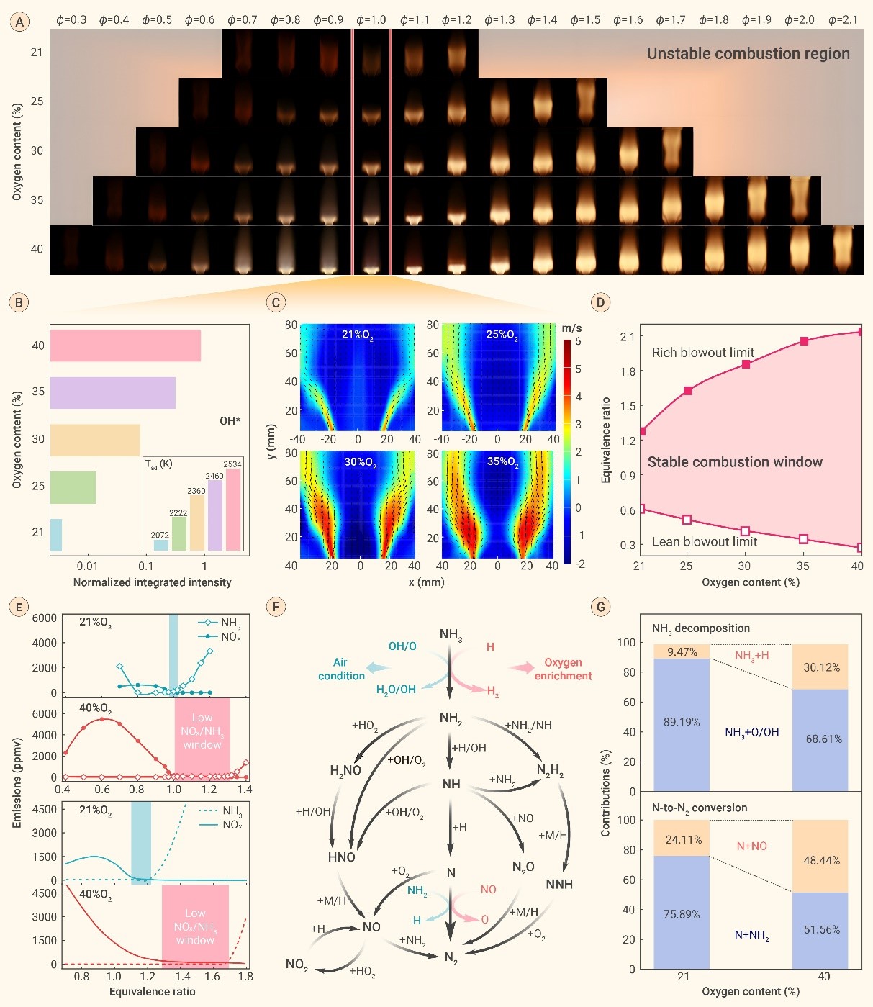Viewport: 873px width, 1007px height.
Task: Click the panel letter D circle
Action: [600, 302]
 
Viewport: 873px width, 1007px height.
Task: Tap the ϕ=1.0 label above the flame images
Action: [371, 19]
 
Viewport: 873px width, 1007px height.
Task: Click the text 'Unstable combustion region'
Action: [748, 54]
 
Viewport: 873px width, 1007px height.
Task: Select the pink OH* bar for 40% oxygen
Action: [125, 346]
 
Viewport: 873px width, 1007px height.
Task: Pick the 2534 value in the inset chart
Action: [232, 464]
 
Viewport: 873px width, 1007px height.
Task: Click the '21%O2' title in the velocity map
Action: [357, 335]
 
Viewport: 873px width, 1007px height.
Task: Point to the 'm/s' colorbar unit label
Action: [571, 328]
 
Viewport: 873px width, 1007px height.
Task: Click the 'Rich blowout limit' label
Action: [702, 352]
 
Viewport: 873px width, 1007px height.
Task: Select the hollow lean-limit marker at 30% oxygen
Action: [745, 531]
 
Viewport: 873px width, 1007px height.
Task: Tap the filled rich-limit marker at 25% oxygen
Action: [688, 391]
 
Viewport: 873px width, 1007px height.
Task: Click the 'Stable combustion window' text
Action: [735, 462]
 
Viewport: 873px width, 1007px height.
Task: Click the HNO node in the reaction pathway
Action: [342, 857]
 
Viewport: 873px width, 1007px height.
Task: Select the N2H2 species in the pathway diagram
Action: [550, 771]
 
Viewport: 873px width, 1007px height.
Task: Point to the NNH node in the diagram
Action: [559, 884]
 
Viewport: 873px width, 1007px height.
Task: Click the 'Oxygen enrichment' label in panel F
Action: [563, 669]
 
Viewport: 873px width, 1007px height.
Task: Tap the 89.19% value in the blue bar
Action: [682, 722]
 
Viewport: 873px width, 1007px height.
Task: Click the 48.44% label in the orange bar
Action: [821, 860]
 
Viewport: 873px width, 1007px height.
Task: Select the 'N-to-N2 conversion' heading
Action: [700, 808]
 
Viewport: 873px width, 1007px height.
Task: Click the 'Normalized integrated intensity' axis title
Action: [153, 582]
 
